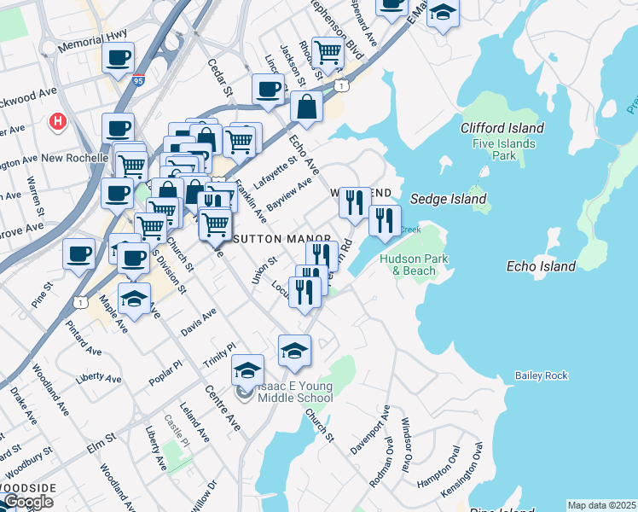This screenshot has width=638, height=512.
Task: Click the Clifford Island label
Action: (502, 128)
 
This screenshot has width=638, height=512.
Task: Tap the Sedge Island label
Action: (448, 199)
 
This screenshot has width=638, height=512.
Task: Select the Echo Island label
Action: (541, 266)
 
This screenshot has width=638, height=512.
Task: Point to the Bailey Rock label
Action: (541, 375)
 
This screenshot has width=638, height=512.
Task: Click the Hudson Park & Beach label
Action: (408, 265)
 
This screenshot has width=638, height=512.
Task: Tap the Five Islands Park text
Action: (504, 150)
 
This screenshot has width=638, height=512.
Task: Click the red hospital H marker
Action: (59, 122)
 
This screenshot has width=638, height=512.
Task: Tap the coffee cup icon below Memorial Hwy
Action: (118, 59)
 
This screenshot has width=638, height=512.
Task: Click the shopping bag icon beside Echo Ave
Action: (306, 108)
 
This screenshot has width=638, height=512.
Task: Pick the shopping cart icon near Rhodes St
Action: (328, 52)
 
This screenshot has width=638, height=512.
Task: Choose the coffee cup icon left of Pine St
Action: (78, 254)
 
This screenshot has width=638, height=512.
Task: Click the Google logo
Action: (28, 502)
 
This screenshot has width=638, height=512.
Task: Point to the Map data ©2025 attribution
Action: (601, 505)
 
